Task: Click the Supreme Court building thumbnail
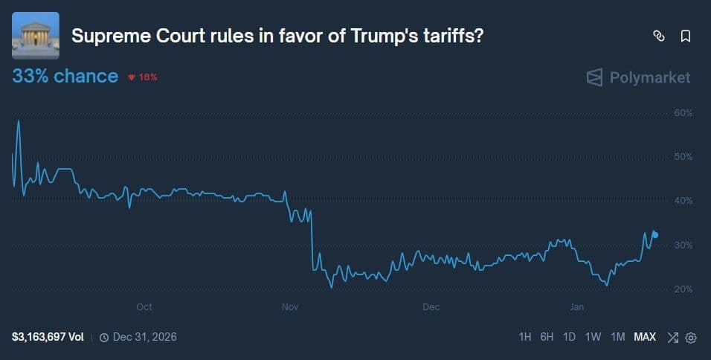[x=36, y=36]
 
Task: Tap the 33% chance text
[x=65, y=76]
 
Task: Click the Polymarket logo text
[x=649, y=77]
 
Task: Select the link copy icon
[x=658, y=36]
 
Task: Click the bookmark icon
[x=686, y=36]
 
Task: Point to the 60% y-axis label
[x=682, y=113]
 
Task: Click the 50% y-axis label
[x=682, y=157]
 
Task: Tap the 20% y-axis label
[x=682, y=289]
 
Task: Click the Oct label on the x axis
[x=144, y=306]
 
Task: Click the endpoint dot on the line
[x=654, y=234]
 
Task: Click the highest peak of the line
[x=19, y=121]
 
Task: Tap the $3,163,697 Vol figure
[x=48, y=337]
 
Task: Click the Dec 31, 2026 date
[x=144, y=337]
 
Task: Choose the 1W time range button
[x=593, y=337]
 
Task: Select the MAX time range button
[x=645, y=337]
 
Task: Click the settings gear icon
[x=691, y=338]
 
